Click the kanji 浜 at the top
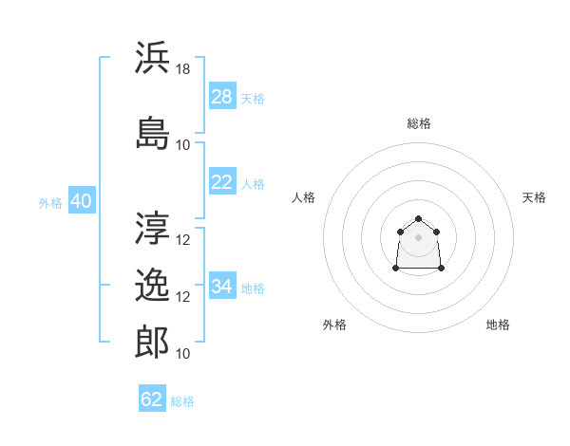tap(152, 57)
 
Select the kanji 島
tap(152, 133)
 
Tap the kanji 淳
tap(152, 228)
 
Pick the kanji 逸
tap(152, 285)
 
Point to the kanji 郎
tap(152, 342)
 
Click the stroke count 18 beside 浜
tap(182, 69)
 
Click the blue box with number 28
tap(222, 96)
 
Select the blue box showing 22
tap(222, 181)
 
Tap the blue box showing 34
tap(222, 285)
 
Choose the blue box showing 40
tap(82, 200)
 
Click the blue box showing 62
tap(152, 398)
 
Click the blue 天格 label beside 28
tap(253, 99)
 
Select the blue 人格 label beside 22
tap(253, 184)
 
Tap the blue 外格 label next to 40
tap(50, 203)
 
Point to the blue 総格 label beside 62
tap(182, 401)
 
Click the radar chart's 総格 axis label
tap(419, 123)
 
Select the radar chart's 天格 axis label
tap(534, 197)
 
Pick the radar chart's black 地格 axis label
tap(498, 325)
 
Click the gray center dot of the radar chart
tap(418, 237)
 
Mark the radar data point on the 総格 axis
tap(418, 218)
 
